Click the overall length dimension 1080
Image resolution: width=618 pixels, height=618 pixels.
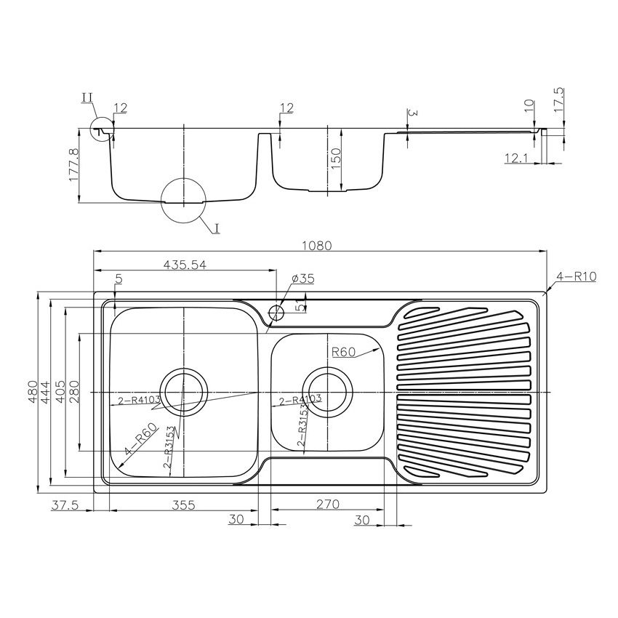pyautogui.click(x=318, y=246)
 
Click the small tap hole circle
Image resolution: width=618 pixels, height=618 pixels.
pyautogui.click(x=276, y=313)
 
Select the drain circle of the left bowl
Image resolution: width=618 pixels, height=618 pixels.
pyautogui.click(x=183, y=391)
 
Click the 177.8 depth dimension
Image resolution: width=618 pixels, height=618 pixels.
pyautogui.click(x=73, y=166)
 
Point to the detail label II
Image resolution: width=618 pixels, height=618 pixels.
pyautogui.click(x=87, y=97)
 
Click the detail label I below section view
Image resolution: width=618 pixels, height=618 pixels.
pyautogui.click(x=217, y=228)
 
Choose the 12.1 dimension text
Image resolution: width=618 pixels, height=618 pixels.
pyautogui.click(x=516, y=156)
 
